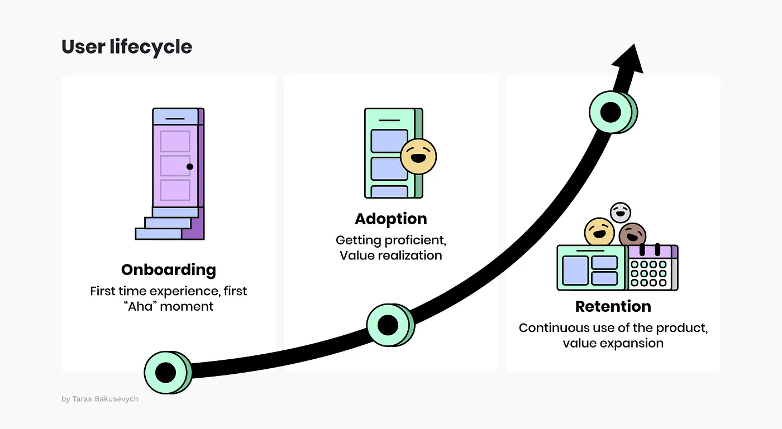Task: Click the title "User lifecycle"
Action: coord(127,47)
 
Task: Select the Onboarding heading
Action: coord(168,270)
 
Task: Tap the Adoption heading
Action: coord(391,219)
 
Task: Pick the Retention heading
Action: coord(613,307)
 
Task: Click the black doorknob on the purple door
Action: coord(190,167)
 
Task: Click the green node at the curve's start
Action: coord(166,372)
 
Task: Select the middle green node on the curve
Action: coord(388,325)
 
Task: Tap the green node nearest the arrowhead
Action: coord(611,112)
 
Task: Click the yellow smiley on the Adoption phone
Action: coord(418,156)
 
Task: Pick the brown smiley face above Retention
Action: coord(632,235)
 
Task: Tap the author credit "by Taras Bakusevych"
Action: coord(100,399)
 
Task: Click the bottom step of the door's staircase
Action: coord(158,234)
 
